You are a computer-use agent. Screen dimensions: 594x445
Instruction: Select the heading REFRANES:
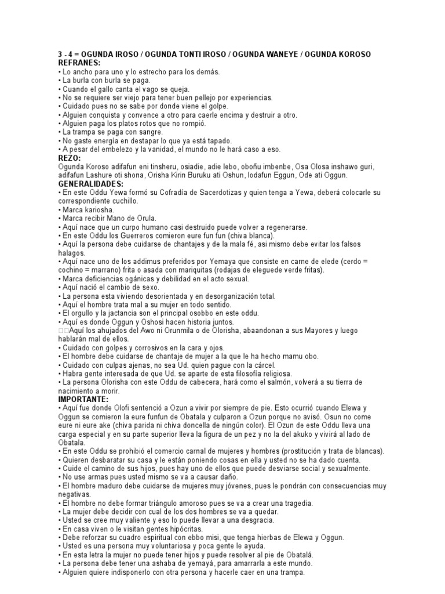pos(79,62)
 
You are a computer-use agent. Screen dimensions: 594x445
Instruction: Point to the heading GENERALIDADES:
pos(92,184)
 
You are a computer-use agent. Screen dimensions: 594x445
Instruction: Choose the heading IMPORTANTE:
pos(83,400)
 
